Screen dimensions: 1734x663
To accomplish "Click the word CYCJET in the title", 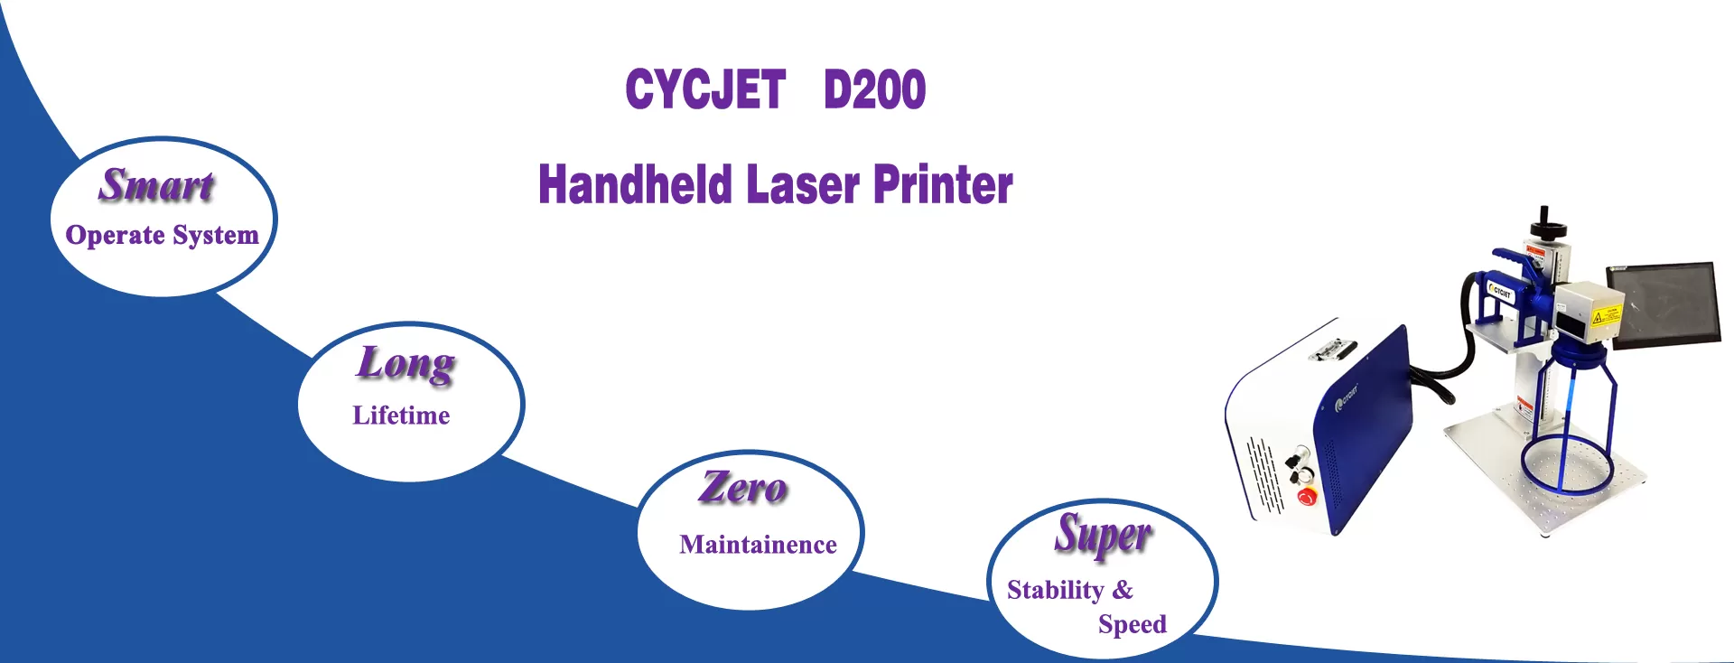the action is point(705,89).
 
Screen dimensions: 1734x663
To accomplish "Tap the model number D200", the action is point(874,89).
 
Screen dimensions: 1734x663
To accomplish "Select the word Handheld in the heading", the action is point(635,184).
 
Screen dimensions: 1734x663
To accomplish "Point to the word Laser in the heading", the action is point(803,184).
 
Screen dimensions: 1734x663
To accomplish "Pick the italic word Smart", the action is point(157,185).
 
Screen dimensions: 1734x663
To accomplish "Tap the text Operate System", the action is point(163,235).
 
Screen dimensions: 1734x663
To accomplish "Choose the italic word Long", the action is point(406,364).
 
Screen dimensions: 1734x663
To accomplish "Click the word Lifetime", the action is point(401,416).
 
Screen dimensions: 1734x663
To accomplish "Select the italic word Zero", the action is point(743,488).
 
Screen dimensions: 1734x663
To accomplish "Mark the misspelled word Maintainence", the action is point(758,545).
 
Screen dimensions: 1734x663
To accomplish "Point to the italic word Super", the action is point(1104,534).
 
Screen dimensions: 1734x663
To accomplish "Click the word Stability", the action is point(1056,591).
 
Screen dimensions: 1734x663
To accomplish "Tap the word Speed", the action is point(1133,625).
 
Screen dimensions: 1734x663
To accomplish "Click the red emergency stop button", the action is point(1306,496).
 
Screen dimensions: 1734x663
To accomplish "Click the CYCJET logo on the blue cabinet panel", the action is point(1347,397).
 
